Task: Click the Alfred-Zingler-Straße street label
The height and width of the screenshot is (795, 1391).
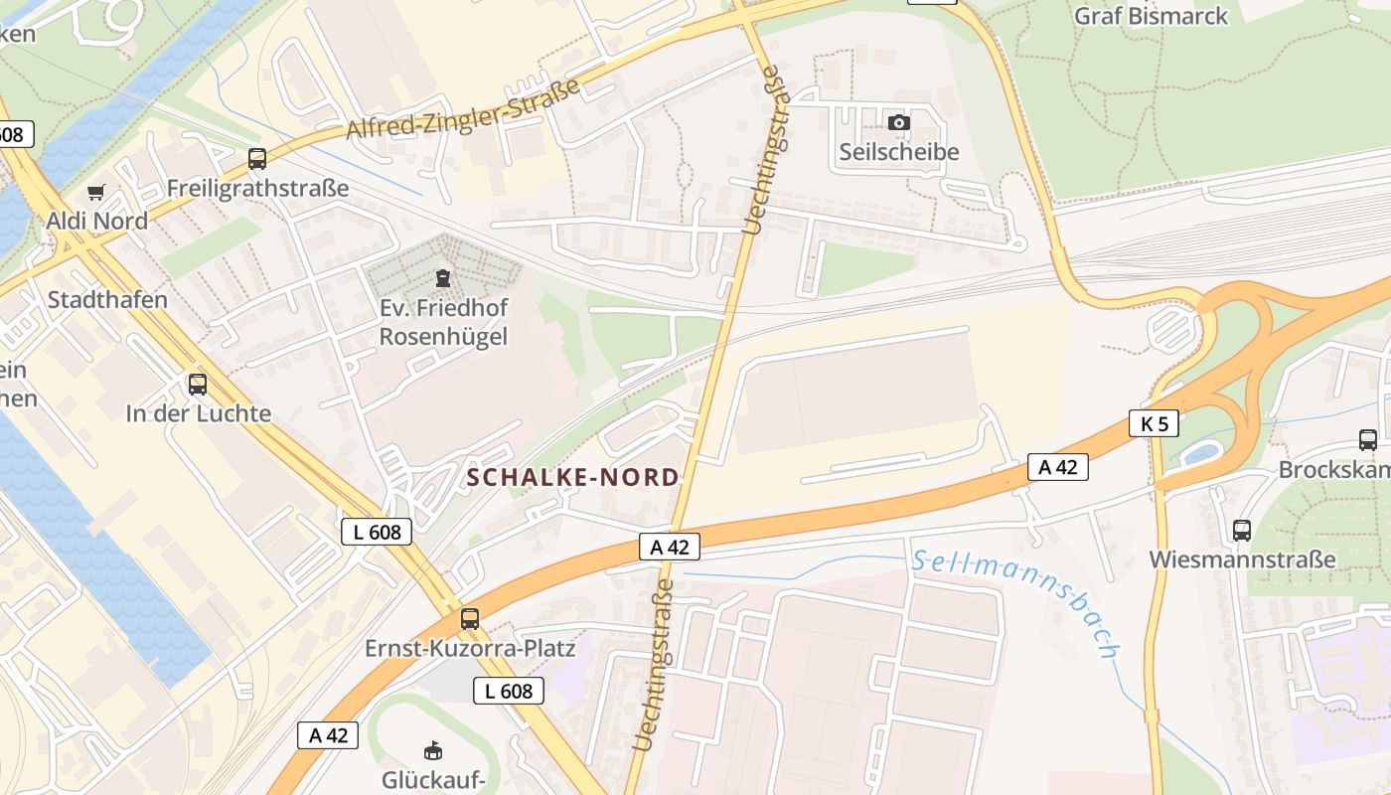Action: click(x=463, y=109)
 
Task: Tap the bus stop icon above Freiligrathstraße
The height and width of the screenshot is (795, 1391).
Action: click(x=257, y=158)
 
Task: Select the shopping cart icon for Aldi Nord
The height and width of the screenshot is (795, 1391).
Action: click(x=96, y=192)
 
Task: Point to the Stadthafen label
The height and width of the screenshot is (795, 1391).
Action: click(x=107, y=299)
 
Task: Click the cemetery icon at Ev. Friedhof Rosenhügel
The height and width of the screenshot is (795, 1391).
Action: click(x=443, y=278)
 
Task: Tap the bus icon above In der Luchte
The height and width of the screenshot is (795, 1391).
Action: click(x=198, y=384)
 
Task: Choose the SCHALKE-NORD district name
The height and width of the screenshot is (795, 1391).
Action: click(x=573, y=477)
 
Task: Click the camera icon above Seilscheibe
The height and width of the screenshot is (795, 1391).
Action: click(x=899, y=122)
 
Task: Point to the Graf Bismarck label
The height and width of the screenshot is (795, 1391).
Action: click(x=1151, y=16)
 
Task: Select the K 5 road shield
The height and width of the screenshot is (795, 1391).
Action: click(x=1154, y=423)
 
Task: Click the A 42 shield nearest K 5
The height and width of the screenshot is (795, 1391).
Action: click(x=1058, y=467)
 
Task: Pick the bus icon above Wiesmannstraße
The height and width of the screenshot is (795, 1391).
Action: click(x=1242, y=530)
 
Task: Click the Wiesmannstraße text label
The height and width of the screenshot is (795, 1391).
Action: click(x=1242, y=559)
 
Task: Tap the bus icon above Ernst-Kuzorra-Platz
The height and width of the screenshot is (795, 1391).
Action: click(x=470, y=618)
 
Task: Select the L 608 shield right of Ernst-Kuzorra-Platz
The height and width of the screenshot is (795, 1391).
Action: click(x=509, y=691)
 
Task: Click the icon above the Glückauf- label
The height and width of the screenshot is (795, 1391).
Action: click(x=433, y=749)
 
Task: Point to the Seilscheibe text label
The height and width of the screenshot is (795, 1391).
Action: click(x=899, y=152)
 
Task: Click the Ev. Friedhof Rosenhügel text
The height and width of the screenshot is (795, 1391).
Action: click(x=443, y=323)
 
